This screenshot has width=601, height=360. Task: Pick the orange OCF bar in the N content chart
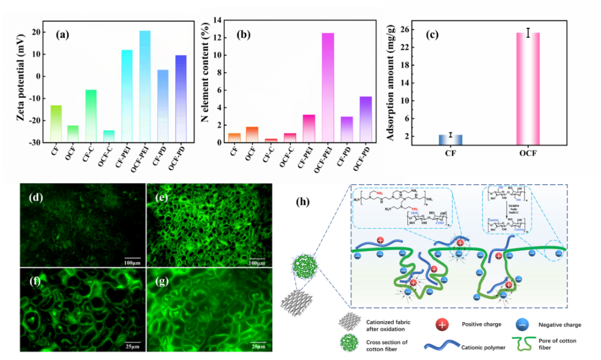coord(252,135)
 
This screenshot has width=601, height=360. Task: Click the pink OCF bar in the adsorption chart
coord(528,89)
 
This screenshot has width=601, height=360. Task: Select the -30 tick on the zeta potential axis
coord(35,142)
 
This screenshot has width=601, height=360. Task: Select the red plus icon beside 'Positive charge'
coord(440,324)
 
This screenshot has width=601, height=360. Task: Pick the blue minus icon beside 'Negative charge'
coord(520,324)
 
